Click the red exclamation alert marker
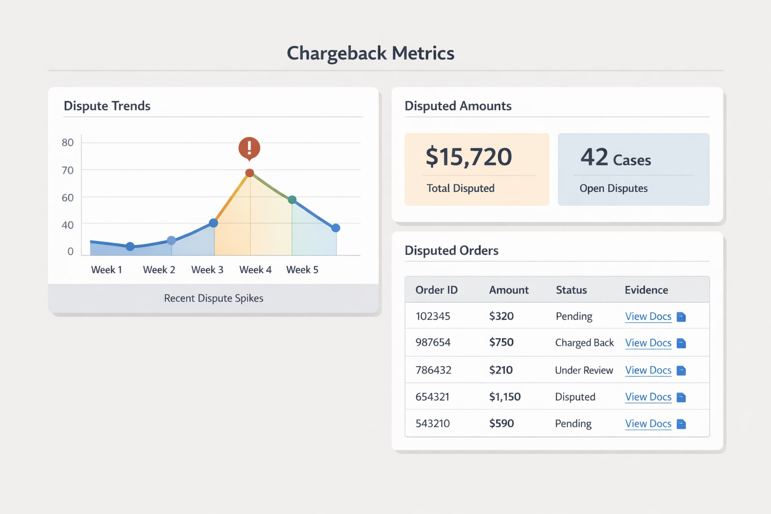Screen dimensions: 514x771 (x=249, y=148)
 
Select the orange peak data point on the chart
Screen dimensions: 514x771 (x=249, y=173)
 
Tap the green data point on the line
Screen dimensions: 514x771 (x=292, y=200)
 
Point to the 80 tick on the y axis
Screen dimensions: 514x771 (x=68, y=143)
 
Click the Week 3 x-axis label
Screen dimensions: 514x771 (x=207, y=270)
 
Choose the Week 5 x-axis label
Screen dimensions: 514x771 (x=302, y=270)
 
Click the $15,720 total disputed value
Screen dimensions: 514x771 (x=468, y=157)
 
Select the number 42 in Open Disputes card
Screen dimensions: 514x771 (x=594, y=157)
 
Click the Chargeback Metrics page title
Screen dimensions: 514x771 (x=370, y=53)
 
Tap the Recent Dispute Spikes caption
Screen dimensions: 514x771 (x=213, y=298)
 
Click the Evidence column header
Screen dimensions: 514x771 (x=646, y=290)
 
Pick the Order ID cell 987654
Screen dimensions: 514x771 (x=433, y=342)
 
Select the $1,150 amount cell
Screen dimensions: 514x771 (x=504, y=397)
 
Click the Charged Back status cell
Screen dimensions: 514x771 (x=584, y=343)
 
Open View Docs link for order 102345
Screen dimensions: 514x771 (x=648, y=316)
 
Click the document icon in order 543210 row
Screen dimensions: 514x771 (x=681, y=424)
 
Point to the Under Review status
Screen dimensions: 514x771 (x=584, y=370)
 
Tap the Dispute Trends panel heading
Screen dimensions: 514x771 (x=107, y=106)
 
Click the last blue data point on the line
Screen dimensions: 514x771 (x=336, y=228)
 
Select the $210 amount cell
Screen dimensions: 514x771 (x=500, y=370)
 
